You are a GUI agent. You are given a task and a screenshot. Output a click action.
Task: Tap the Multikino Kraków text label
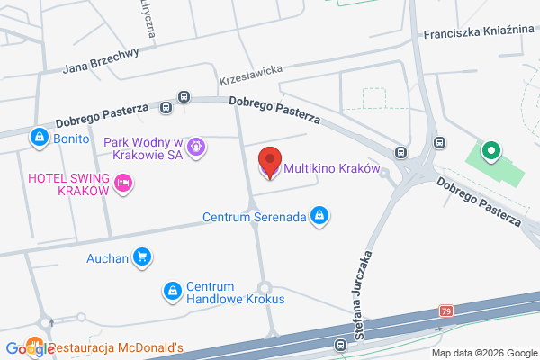(x=332, y=169)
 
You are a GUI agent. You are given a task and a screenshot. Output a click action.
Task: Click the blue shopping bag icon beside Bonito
(x=39, y=138)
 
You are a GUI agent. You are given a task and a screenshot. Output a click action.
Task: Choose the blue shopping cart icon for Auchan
(x=141, y=257)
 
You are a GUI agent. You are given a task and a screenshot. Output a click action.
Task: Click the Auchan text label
(x=106, y=257)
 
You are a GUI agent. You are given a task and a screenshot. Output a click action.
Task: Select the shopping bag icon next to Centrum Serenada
(x=319, y=215)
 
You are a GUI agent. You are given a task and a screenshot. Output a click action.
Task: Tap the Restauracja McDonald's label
(x=116, y=347)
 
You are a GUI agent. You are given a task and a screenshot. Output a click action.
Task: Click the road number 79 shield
(x=446, y=310)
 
